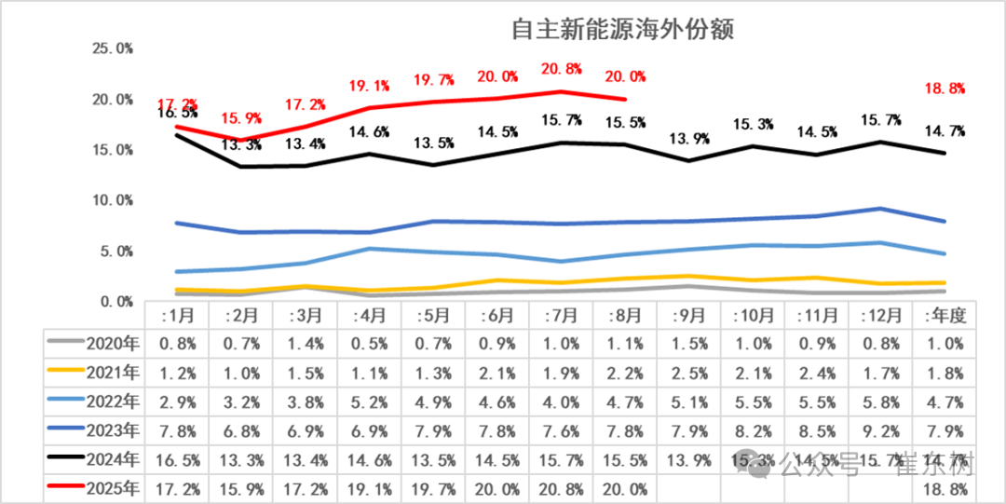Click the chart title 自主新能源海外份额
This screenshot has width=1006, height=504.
[x=623, y=30]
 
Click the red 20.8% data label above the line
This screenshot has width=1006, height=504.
[x=560, y=69]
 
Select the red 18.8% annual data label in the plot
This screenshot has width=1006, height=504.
[x=945, y=89]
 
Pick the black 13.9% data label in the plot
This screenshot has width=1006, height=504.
[x=690, y=140]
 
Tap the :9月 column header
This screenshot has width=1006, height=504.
[x=690, y=316]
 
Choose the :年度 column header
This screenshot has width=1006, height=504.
[x=945, y=316]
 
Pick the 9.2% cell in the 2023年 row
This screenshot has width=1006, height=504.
[x=880, y=430]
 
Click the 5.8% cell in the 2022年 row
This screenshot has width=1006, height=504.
[x=880, y=402]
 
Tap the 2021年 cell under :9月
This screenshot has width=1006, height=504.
[x=690, y=374]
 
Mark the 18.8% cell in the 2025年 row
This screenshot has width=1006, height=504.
[x=945, y=488]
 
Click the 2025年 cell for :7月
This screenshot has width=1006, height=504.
[x=560, y=488]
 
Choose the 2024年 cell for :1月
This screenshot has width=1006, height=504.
[x=178, y=459]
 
